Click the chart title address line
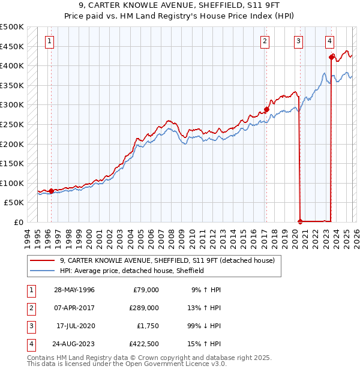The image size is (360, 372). [x=179, y=5]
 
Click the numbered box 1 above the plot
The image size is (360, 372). [x=49, y=41]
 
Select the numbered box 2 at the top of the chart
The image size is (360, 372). [x=265, y=41]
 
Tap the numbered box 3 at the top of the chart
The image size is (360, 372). [x=298, y=41]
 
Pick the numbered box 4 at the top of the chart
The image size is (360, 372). [x=329, y=41]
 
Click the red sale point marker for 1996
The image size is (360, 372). [x=51, y=191]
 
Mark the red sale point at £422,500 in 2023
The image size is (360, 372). [x=331, y=58]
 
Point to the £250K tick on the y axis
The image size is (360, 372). [x=12, y=124]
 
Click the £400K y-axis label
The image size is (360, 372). [x=12, y=65]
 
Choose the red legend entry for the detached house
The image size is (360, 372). [x=167, y=260]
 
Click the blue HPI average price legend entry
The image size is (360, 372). [x=132, y=271]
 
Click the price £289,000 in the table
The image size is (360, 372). [x=145, y=308]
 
